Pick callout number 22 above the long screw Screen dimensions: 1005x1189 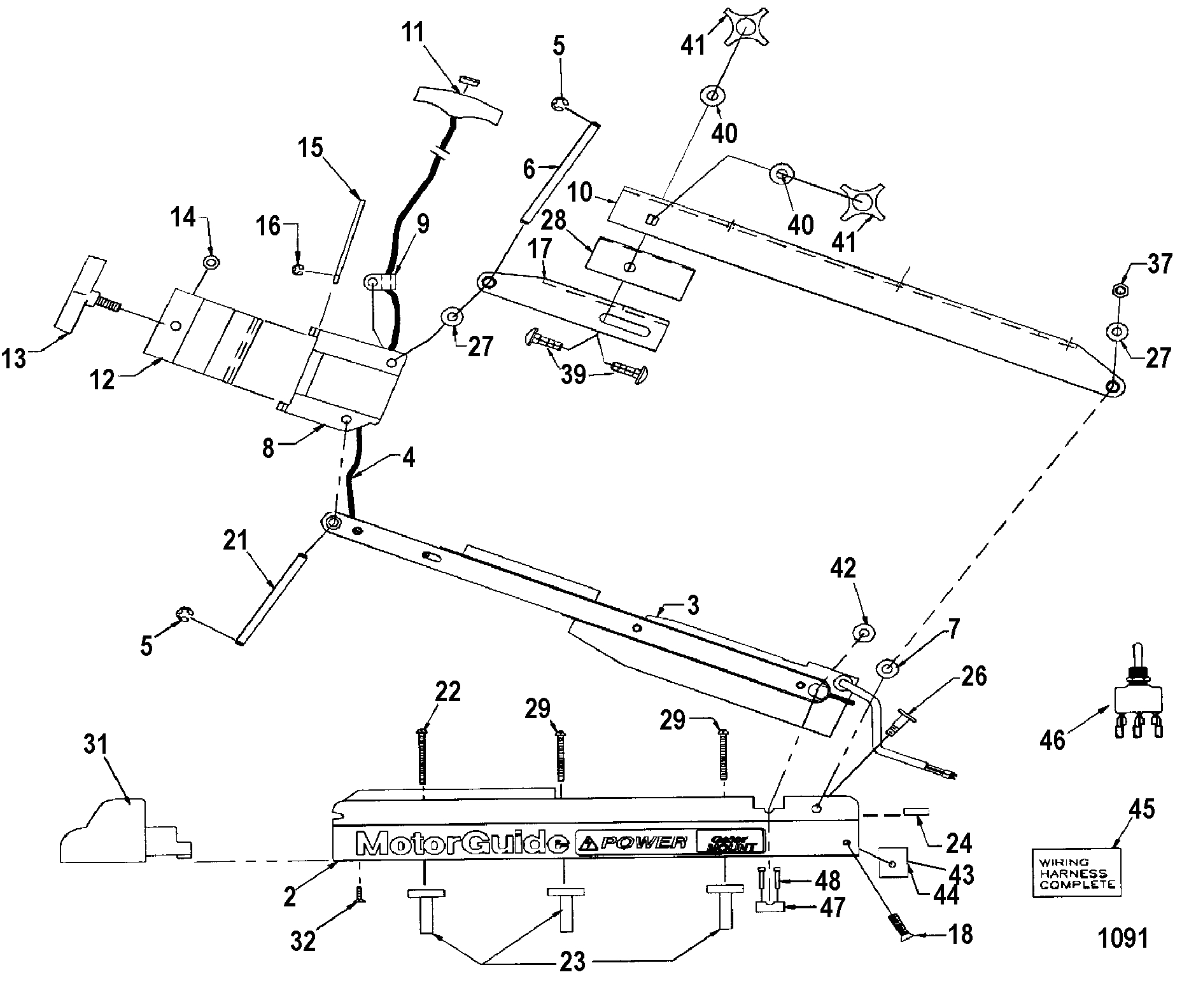447,691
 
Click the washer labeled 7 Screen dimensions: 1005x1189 887,669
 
